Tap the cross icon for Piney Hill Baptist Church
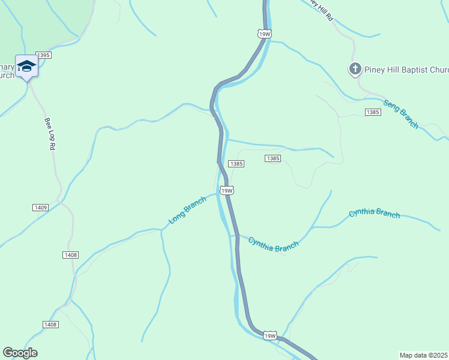tap(355, 69)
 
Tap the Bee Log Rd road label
tap(50, 133)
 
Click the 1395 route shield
tap(44, 55)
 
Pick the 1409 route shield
tap(41, 207)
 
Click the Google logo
tap(20, 353)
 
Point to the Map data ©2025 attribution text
tap(424, 355)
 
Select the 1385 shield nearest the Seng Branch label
tap(372, 112)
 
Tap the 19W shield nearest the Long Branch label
tap(226, 191)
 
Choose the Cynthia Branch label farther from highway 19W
tap(374, 214)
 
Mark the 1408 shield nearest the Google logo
tap(50, 325)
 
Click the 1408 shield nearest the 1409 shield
tap(70, 255)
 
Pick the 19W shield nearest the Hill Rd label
tap(265, 34)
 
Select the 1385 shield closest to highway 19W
tap(236, 164)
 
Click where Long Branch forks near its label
tap(161, 230)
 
